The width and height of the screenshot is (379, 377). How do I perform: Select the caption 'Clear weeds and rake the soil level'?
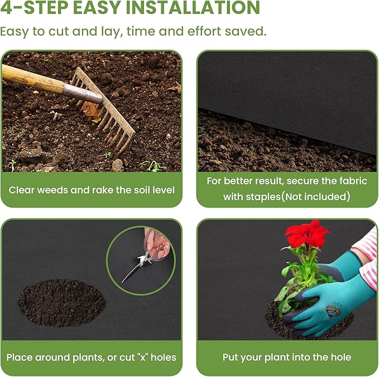click(x=92, y=190)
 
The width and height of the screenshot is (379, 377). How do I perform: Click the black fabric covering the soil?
click(x=285, y=84)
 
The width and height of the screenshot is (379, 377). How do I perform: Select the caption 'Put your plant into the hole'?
click(x=287, y=357)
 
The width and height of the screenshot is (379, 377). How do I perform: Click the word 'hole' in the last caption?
click(x=340, y=357)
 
